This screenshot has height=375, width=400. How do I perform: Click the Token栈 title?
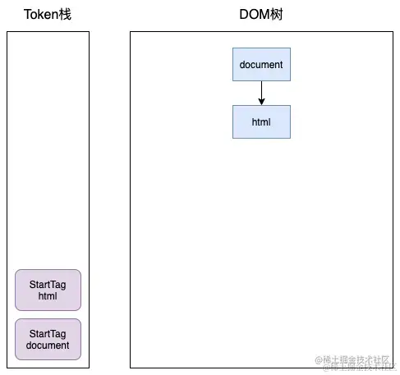click(x=48, y=15)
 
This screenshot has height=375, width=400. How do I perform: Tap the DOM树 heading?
click(x=260, y=15)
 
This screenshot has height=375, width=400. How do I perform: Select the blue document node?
click(x=261, y=64)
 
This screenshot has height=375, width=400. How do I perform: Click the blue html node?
click(x=261, y=121)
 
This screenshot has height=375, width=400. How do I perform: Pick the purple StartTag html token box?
click(x=48, y=290)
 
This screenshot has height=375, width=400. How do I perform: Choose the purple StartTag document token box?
click(x=48, y=339)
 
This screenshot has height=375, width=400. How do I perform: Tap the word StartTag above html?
click(x=48, y=284)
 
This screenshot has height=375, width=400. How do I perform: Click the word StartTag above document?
click(x=48, y=333)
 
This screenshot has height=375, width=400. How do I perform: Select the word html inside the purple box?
click(x=48, y=296)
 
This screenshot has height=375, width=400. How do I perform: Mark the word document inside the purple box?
click(x=48, y=345)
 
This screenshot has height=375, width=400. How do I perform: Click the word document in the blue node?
click(x=261, y=64)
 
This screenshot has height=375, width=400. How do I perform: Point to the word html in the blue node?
click(x=261, y=121)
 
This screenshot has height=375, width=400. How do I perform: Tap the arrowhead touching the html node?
click(x=261, y=102)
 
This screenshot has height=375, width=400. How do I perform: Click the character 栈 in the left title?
click(x=66, y=15)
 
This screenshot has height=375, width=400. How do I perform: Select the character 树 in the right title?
click(x=278, y=15)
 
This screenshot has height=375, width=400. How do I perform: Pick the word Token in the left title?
click(x=40, y=15)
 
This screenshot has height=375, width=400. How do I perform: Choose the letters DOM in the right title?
click(x=253, y=15)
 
